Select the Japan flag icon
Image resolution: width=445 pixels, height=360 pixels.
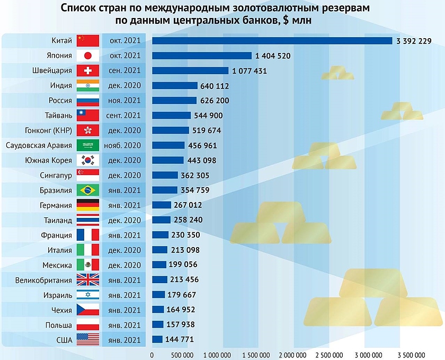click(88, 56)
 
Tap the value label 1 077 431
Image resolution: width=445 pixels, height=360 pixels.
click(249, 71)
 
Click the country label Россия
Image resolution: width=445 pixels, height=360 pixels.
click(59, 101)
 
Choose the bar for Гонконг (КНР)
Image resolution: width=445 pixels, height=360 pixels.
click(171, 130)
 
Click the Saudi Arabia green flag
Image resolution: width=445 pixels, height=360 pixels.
click(88, 145)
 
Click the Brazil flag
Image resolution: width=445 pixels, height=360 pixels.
click(88, 190)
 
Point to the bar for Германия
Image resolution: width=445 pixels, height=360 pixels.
click(162, 205)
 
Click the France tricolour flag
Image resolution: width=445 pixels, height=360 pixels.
click(88, 235)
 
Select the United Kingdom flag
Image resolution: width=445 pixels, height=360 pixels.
click(88, 280)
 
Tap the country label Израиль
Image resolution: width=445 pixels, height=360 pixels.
click(57, 295)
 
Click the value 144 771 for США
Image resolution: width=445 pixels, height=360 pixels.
click(180, 340)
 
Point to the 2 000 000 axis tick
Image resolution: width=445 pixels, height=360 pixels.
click(292, 355)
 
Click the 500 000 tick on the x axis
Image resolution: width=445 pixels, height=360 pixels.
click(181, 355)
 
